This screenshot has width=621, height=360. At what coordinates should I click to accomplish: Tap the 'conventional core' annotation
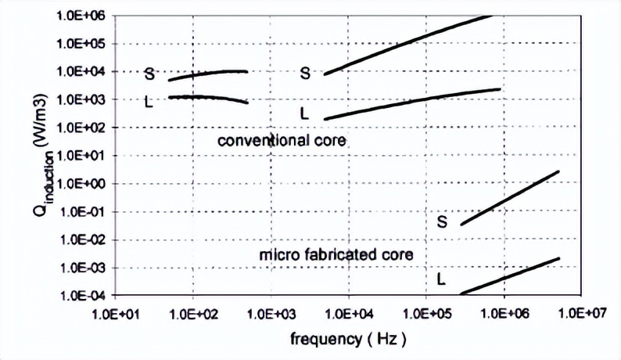(x=282, y=141)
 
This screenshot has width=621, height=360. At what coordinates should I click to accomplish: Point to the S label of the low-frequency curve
(x=149, y=75)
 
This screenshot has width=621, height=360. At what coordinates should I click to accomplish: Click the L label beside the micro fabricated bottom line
(x=441, y=279)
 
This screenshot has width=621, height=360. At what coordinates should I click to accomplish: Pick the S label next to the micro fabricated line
(x=442, y=222)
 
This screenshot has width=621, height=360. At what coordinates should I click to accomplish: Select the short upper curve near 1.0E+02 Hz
(x=207, y=73)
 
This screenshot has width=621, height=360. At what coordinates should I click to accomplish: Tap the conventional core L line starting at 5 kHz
(x=407, y=103)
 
